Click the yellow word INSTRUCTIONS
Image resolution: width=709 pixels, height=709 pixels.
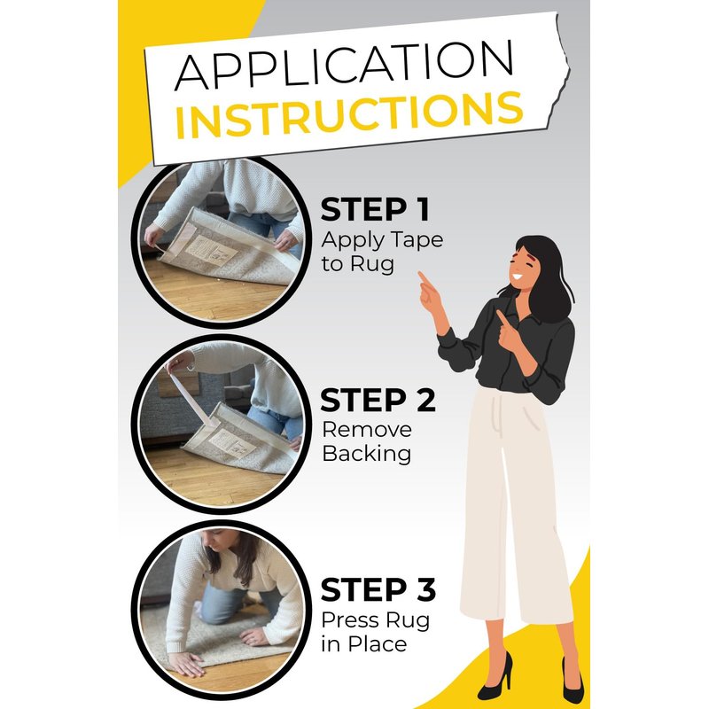tap(349, 115)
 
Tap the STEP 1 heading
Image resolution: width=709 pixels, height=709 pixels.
tap(375, 209)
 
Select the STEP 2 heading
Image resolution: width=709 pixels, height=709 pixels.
tap(378, 401)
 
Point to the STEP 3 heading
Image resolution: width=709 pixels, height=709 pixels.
tap(378, 589)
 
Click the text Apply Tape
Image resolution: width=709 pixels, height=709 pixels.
tap(382, 240)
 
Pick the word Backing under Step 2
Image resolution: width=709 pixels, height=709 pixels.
tap(367, 454)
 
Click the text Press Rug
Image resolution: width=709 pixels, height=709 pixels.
tap(375, 621)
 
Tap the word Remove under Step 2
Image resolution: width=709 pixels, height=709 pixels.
tap(367, 430)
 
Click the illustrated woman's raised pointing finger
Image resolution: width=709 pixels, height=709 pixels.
tap(422, 277)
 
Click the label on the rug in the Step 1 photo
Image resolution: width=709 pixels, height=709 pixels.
tap(212, 250)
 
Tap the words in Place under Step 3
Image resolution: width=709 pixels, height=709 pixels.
tap(364, 644)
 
